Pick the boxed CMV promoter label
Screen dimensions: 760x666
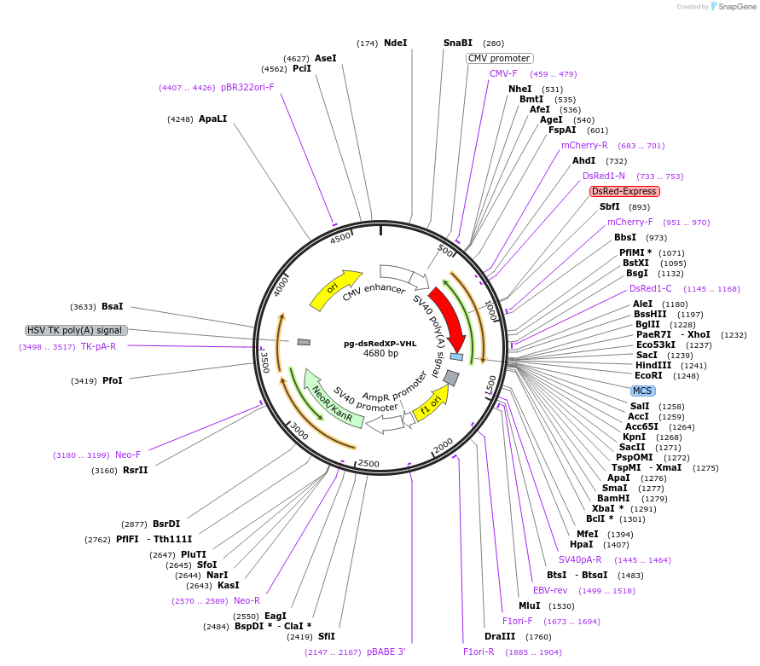pos(499,58)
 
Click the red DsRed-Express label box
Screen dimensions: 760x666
pos(624,192)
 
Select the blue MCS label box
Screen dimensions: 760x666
pos(642,391)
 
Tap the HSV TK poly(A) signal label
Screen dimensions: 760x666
pos(76,330)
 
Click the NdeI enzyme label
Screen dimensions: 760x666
pos(396,43)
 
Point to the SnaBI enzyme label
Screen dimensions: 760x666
pos(457,43)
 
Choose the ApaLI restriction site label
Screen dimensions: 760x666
pos(212,119)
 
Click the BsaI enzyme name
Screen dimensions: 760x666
pos(113,306)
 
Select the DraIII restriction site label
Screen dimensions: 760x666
pos(500,636)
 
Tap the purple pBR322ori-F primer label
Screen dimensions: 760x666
pos(247,87)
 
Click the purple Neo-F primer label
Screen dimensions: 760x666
pos(127,455)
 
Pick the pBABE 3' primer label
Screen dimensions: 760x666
pos(386,652)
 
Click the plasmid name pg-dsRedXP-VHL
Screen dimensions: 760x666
pos(380,344)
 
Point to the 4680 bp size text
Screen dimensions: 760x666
pos(380,353)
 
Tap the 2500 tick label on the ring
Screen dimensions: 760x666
pos(368,464)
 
